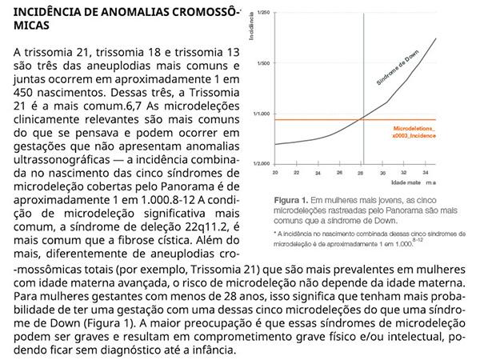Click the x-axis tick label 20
click(x=275, y=173)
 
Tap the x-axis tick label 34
click(x=426, y=173)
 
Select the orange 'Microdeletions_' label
click(x=414, y=128)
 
